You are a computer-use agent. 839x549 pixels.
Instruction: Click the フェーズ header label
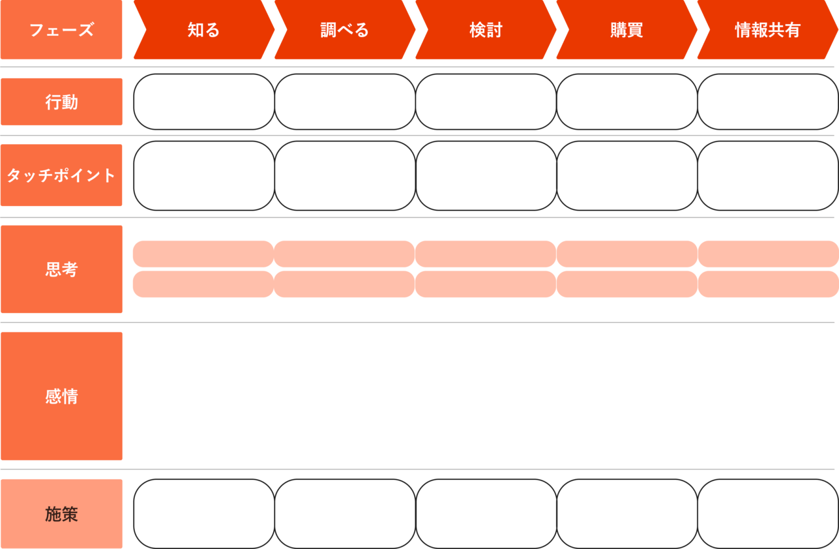pyautogui.click(x=61, y=30)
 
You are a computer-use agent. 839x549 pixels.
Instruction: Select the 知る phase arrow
pyautogui.click(x=204, y=30)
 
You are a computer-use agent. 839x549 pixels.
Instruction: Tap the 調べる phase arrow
pyautogui.click(x=345, y=30)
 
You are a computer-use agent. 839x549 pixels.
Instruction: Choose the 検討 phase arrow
pyautogui.click(x=486, y=30)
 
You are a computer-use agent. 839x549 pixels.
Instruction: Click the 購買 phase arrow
pyautogui.click(x=627, y=30)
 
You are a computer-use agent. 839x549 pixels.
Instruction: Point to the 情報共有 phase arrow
pyautogui.click(x=767, y=30)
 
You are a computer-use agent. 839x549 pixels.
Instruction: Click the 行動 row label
pyautogui.click(x=61, y=102)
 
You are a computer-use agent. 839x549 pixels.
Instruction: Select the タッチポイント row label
pyautogui.click(x=61, y=175)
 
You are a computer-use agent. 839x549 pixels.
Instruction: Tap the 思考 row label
pyautogui.click(x=61, y=269)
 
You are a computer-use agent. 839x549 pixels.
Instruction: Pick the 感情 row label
pyautogui.click(x=61, y=396)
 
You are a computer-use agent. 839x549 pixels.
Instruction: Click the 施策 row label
pyautogui.click(x=61, y=514)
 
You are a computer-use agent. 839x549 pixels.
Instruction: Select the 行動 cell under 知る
pyautogui.click(x=204, y=102)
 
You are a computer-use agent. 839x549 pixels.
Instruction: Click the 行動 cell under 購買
pyautogui.click(x=627, y=102)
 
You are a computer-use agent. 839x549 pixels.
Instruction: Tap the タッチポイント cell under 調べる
pyautogui.click(x=345, y=175)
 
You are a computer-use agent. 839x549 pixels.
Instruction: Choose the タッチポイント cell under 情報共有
pyautogui.click(x=768, y=175)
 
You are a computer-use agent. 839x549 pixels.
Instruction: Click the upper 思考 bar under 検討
pyautogui.click(x=486, y=254)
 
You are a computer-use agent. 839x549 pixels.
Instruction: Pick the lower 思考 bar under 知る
pyautogui.click(x=203, y=284)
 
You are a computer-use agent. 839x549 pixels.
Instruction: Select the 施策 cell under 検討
pyautogui.click(x=486, y=514)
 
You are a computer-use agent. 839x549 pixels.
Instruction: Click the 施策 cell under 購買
pyautogui.click(x=627, y=514)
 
